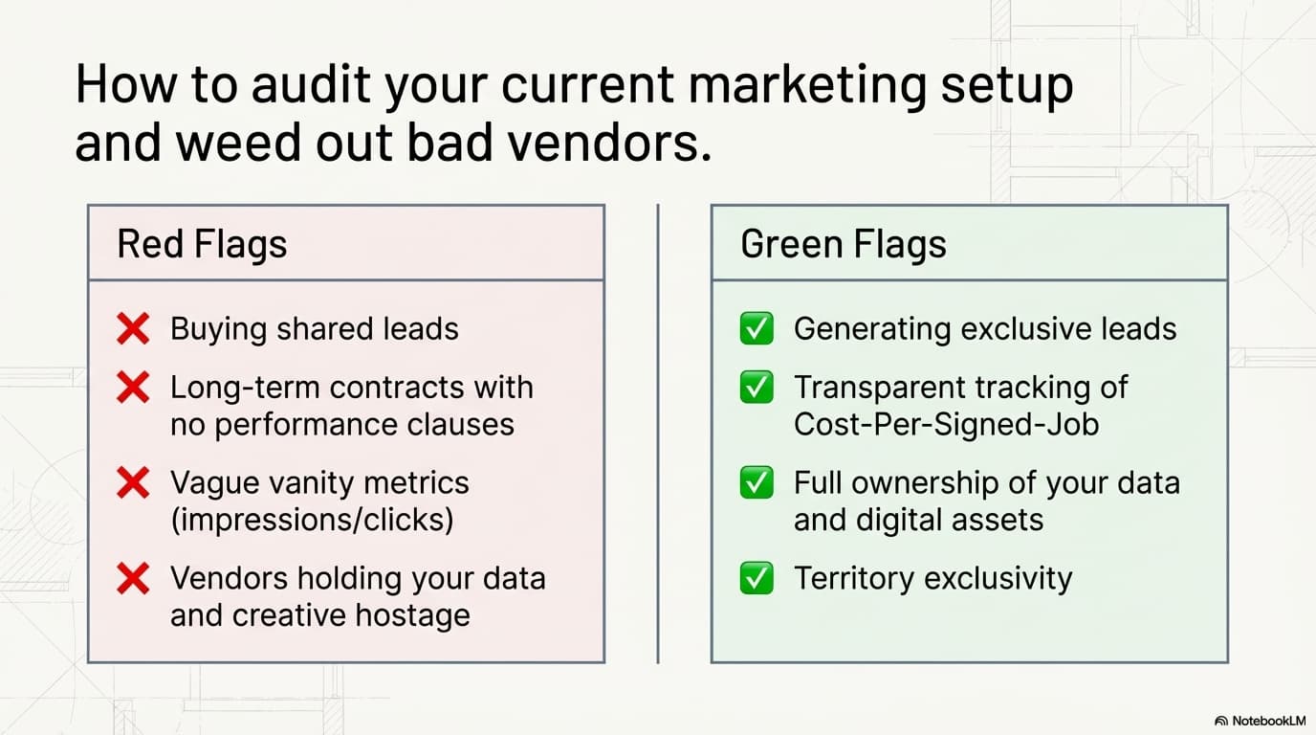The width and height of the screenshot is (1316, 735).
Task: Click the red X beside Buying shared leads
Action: click(133, 328)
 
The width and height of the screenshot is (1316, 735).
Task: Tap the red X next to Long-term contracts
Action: click(133, 387)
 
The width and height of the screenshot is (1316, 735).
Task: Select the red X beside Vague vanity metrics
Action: click(133, 482)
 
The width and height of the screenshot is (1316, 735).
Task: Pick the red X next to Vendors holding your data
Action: click(133, 579)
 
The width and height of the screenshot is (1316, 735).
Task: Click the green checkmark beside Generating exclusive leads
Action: click(757, 328)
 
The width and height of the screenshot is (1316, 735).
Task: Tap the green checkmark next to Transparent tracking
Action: click(757, 387)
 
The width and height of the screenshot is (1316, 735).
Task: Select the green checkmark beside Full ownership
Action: click(757, 482)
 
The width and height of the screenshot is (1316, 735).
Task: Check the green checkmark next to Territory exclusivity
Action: click(757, 579)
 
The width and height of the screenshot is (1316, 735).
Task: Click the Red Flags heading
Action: click(202, 244)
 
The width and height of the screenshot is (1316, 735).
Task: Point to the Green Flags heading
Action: click(844, 244)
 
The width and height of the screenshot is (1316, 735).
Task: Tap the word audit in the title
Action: click(311, 84)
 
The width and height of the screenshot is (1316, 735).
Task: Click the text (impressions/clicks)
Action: click(312, 521)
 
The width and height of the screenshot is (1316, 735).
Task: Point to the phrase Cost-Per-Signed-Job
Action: click(947, 425)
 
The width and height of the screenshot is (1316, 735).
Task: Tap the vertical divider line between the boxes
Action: click(658, 434)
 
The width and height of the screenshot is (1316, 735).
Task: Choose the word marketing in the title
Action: click(807, 85)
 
